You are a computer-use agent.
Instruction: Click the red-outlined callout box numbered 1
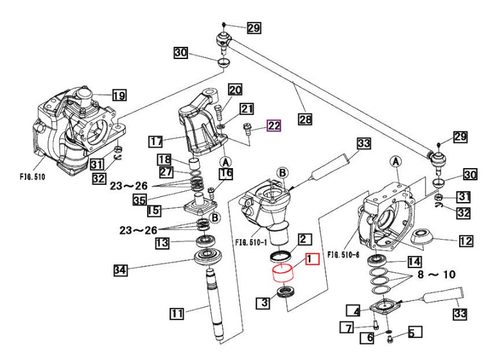(x=312, y=259)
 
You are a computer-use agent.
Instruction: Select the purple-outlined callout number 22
(x=274, y=126)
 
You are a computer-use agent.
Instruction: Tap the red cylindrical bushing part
(x=283, y=273)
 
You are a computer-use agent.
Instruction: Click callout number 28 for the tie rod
(x=305, y=119)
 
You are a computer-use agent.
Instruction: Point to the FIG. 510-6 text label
(x=343, y=254)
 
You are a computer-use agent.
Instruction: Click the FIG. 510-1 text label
(x=251, y=243)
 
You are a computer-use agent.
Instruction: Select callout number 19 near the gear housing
(x=119, y=95)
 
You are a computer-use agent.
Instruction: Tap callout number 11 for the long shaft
(x=177, y=313)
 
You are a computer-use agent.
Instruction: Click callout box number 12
(x=465, y=241)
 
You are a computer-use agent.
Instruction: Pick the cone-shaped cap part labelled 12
(x=422, y=236)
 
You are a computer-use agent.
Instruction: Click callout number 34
(x=121, y=270)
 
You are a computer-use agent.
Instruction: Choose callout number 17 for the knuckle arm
(x=156, y=141)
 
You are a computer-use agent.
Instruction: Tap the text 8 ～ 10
(x=437, y=274)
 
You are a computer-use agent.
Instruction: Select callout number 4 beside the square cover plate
(x=353, y=311)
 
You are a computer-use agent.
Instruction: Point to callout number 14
(x=414, y=262)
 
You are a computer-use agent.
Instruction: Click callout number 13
(x=162, y=243)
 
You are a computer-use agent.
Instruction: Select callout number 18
(x=164, y=159)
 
